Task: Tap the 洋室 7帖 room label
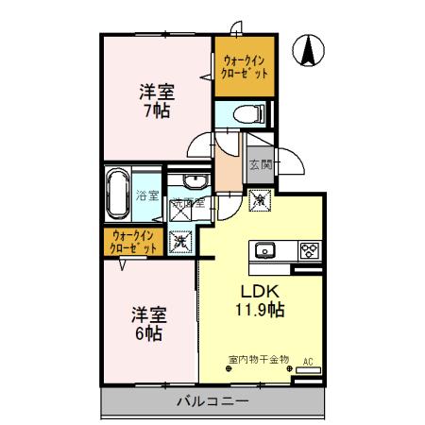click(157, 100)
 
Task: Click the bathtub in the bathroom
click(118, 193)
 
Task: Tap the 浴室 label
click(146, 195)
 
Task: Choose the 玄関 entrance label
click(260, 165)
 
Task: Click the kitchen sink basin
click(263, 250)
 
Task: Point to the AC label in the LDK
click(308, 360)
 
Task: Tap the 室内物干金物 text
click(259, 360)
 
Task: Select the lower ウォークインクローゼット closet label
click(134, 241)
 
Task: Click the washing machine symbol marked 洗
click(179, 241)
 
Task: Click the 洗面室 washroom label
click(181, 201)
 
